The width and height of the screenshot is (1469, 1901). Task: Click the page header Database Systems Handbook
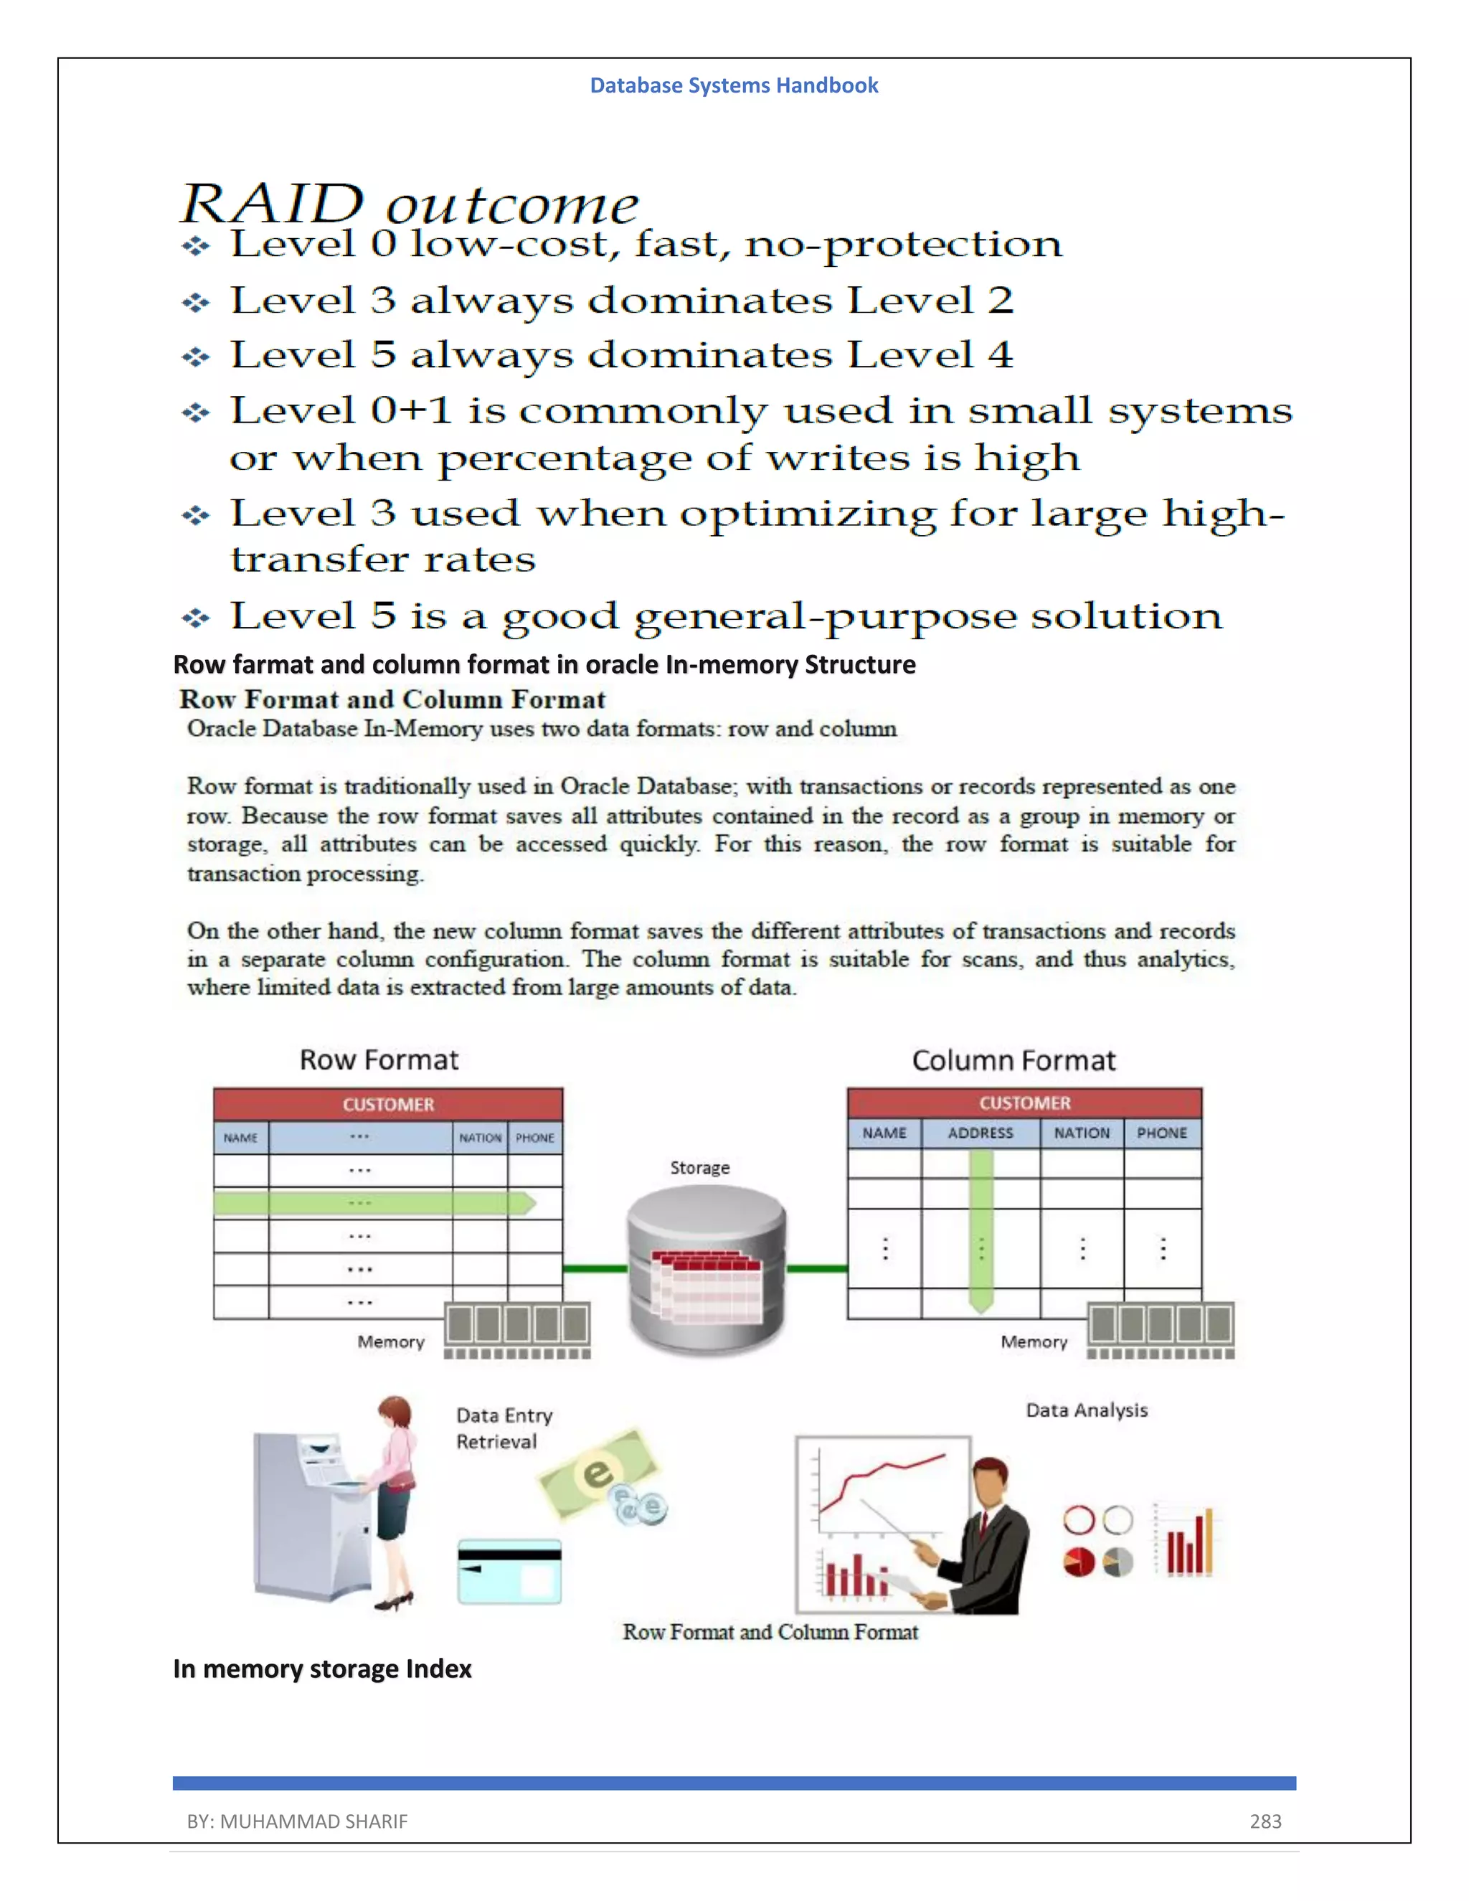tap(734, 85)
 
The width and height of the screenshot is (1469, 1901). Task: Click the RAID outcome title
tap(409, 204)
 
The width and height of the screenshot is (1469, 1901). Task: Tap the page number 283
tap(1265, 1821)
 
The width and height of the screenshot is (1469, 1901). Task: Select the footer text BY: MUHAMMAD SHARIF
tap(297, 1821)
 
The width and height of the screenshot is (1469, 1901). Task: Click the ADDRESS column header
tap(980, 1133)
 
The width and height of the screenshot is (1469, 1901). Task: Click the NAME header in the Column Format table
tap(884, 1133)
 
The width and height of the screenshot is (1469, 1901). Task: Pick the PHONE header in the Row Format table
tap(534, 1138)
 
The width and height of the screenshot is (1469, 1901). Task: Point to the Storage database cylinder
tap(707, 1269)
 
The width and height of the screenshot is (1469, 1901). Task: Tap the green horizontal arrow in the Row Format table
tap(374, 1203)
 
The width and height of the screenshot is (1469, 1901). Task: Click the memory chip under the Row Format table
tap(517, 1329)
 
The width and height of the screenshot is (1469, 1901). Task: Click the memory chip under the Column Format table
tap(1161, 1329)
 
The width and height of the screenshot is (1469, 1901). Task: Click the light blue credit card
tap(509, 1572)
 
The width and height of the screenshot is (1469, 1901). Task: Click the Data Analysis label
tap(1086, 1410)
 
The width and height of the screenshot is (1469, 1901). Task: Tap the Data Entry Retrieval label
tap(503, 1428)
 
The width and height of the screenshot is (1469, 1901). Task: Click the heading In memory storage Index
tap(322, 1669)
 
